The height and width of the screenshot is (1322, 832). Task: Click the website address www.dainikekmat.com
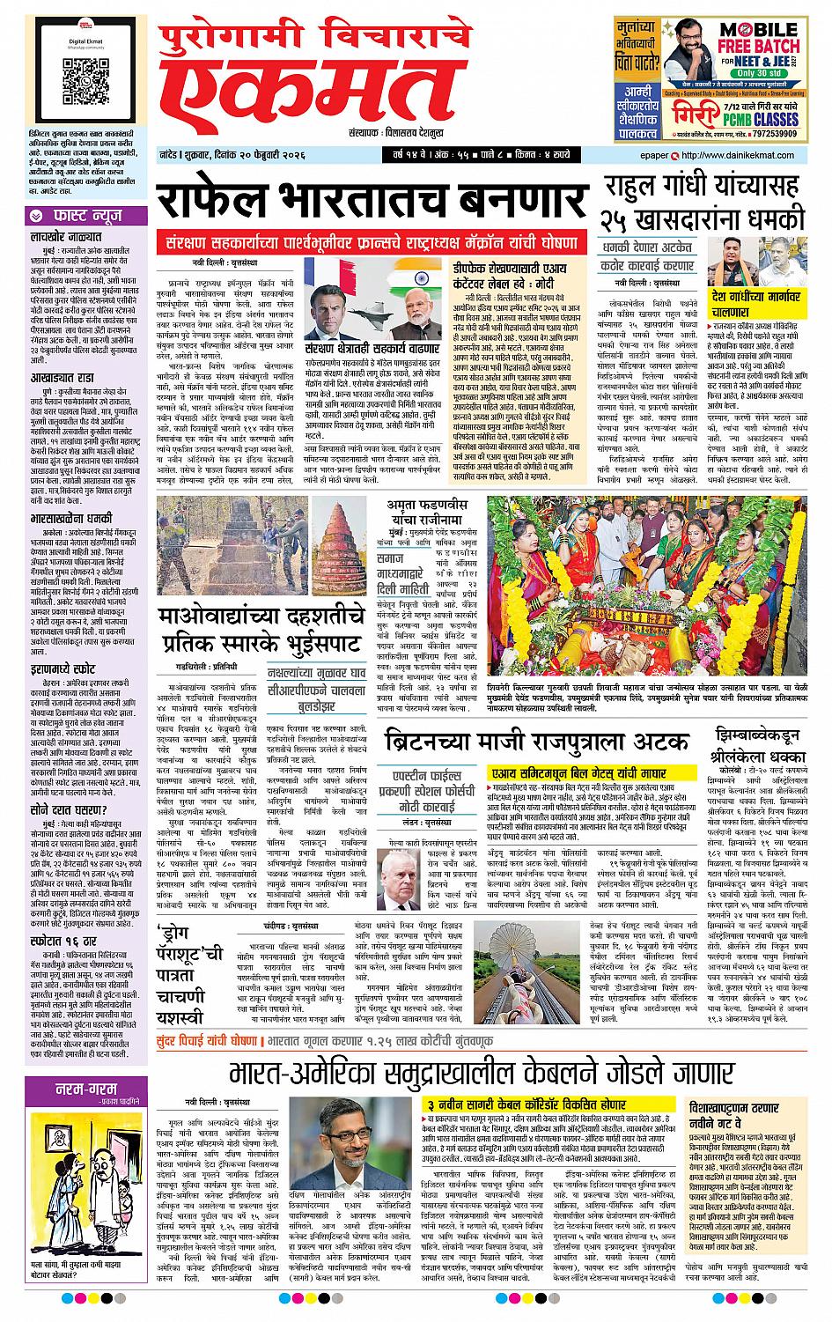click(754, 156)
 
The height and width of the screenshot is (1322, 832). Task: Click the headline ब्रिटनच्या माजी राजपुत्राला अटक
click(541, 737)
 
